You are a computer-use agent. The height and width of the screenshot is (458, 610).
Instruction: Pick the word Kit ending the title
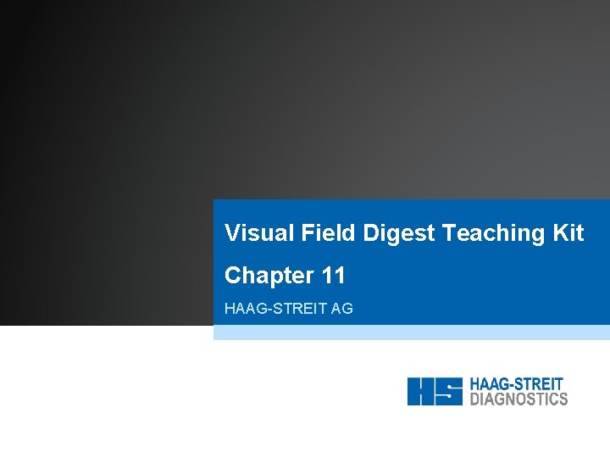(567, 233)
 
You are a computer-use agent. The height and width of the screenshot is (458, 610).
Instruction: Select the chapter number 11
(333, 276)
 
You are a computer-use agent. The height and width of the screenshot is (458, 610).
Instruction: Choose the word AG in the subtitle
(342, 309)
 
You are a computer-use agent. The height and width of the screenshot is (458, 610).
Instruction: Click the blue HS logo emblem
(435, 391)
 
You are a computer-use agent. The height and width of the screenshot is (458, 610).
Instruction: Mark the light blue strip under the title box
(411, 332)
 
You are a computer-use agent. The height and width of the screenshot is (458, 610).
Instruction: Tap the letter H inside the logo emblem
(421, 391)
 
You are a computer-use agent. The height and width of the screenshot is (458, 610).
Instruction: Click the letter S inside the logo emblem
(449, 391)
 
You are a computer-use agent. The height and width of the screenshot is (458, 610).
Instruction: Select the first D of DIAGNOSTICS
(474, 399)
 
